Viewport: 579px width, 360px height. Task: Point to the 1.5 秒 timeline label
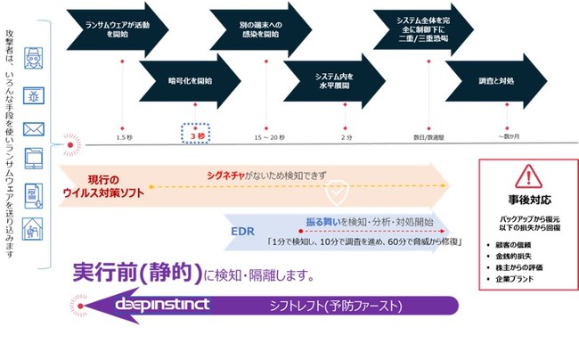(125, 137)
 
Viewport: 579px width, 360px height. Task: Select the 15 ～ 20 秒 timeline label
(269, 137)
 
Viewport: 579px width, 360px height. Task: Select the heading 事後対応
(527, 200)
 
